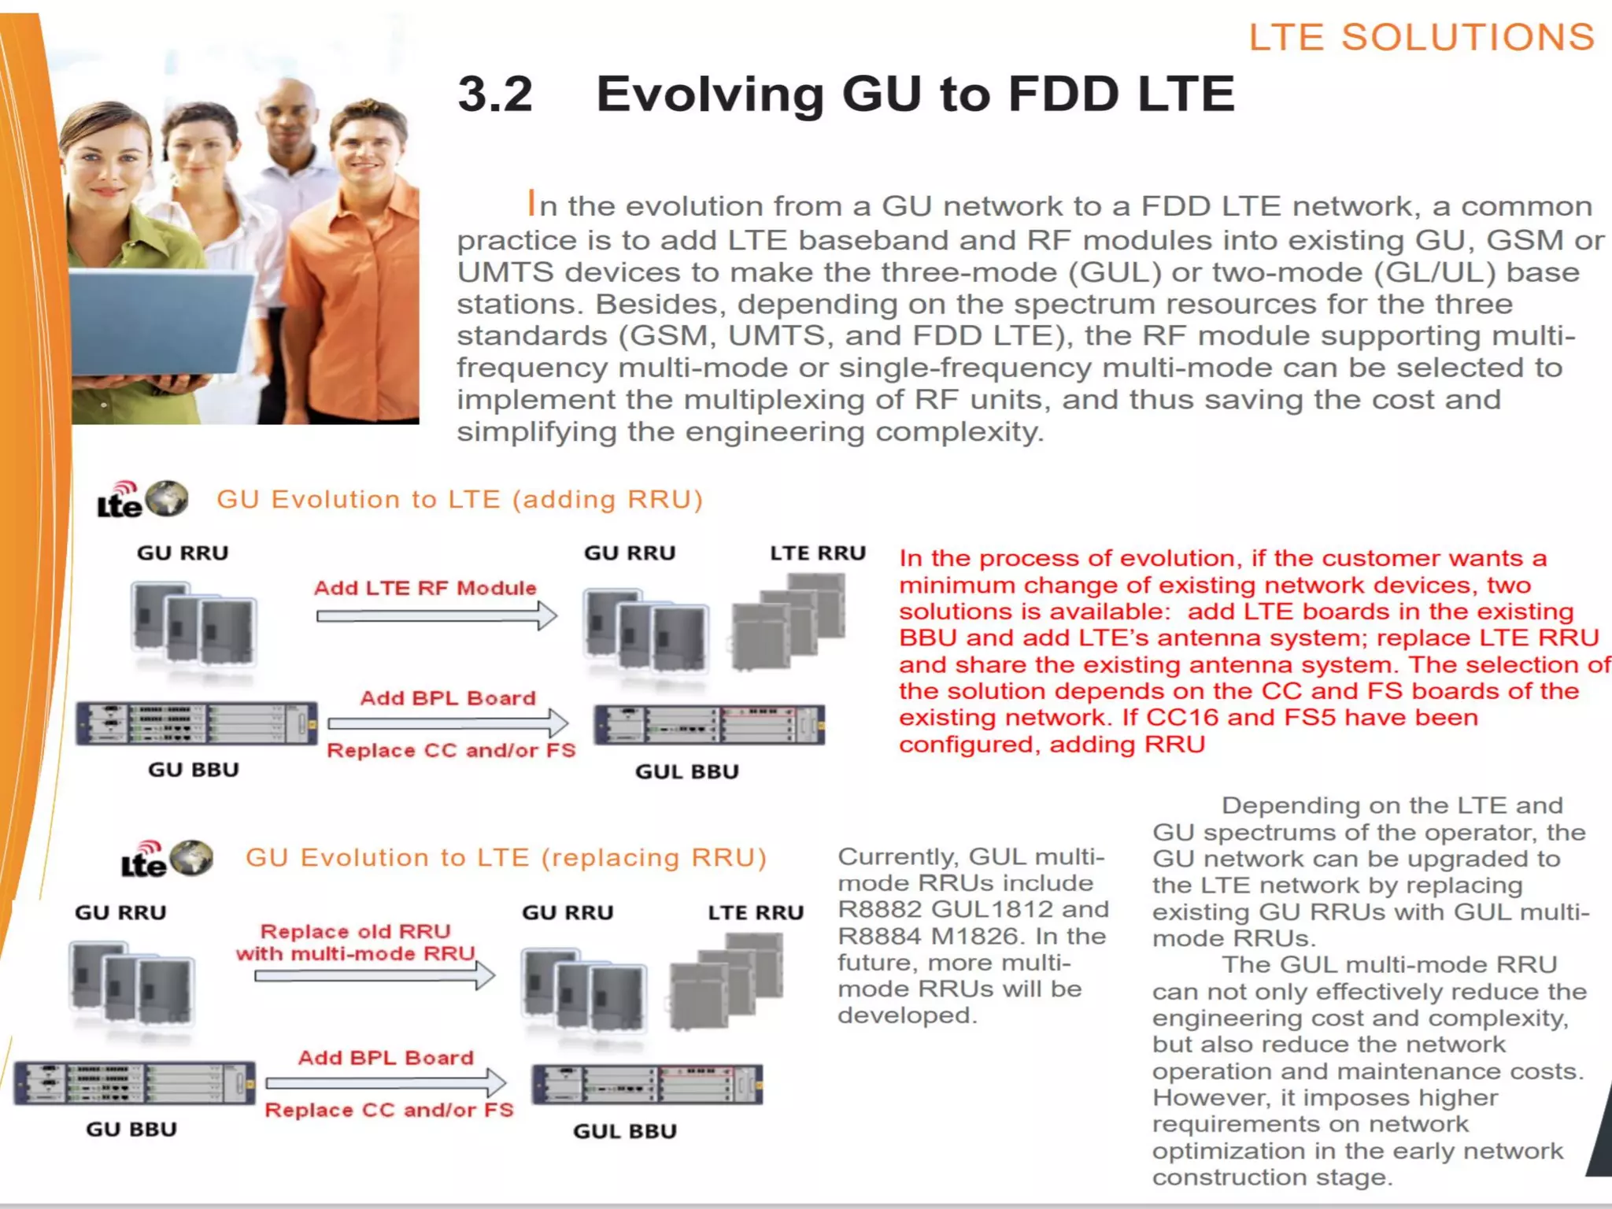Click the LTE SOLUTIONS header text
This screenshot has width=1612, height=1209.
click(x=1422, y=37)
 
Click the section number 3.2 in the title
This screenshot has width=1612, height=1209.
click(x=495, y=94)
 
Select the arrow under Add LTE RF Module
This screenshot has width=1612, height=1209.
click(x=437, y=616)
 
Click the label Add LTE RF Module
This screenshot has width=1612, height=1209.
click(x=425, y=588)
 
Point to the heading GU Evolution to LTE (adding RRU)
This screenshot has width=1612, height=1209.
click(x=460, y=499)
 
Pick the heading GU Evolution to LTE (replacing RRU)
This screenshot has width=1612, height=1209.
click(x=506, y=857)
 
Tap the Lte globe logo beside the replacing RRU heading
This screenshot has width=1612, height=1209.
click(x=167, y=859)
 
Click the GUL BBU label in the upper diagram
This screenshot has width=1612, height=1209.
click(x=686, y=771)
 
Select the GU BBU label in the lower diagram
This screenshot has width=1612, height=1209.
click(x=131, y=1129)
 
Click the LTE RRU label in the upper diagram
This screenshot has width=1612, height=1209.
click(x=817, y=553)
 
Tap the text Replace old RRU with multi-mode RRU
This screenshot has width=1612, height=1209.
click(x=356, y=942)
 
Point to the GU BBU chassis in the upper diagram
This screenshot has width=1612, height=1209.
click(x=197, y=723)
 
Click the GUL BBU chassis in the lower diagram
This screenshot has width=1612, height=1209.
click(x=647, y=1084)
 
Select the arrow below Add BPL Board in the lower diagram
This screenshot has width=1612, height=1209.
click(x=386, y=1083)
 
